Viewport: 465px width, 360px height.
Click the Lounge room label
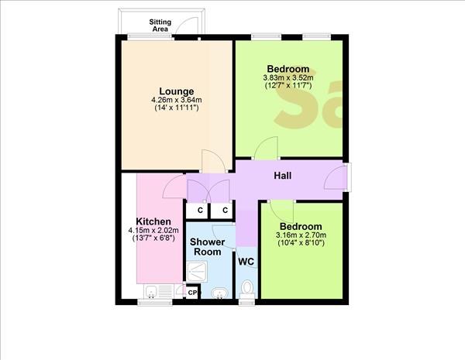click(x=177, y=91)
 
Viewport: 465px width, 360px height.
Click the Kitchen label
click(x=153, y=221)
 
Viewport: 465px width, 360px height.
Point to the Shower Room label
click(x=208, y=247)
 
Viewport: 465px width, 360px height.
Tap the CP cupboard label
click(x=192, y=292)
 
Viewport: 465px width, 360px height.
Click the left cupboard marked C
click(x=199, y=210)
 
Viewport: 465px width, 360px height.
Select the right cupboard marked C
click(x=224, y=210)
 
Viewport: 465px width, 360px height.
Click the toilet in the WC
click(x=247, y=288)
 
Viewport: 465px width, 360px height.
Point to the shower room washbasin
click(x=219, y=292)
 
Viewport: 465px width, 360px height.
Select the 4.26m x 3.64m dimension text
click(x=177, y=100)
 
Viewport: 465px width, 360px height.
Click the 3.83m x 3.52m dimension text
click(x=287, y=77)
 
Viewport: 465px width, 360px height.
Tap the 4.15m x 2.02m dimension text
click(x=153, y=230)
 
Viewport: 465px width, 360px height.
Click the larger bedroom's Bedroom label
click(x=288, y=68)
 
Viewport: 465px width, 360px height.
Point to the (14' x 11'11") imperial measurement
click(x=177, y=108)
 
